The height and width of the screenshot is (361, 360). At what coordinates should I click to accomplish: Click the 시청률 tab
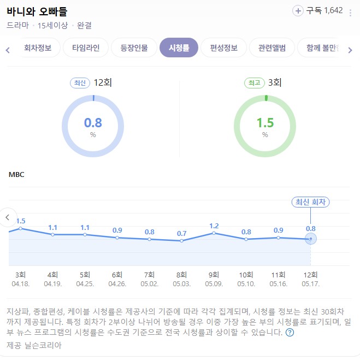[179, 48]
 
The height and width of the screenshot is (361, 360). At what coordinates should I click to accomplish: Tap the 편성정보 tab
[223, 48]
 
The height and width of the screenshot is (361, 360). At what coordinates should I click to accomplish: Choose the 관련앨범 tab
[272, 48]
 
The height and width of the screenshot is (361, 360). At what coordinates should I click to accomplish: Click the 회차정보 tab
[38, 48]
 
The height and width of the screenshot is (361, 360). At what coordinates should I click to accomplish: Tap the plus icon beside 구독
[298, 10]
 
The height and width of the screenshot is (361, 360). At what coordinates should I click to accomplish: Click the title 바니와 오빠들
[37, 11]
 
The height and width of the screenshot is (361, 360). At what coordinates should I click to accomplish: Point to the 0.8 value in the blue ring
[93, 122]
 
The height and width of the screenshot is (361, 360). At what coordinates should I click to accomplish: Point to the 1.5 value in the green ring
[265, 122]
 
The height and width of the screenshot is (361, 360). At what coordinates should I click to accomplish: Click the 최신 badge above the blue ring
[80, 83]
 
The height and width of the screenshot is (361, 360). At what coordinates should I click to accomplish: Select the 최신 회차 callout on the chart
[311, 202]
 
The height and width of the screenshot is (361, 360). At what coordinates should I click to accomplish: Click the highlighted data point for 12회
[311, 239]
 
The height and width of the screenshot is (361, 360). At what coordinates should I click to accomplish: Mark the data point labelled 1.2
[214, 233]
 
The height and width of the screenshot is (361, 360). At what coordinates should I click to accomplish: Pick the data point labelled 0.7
[181, 241]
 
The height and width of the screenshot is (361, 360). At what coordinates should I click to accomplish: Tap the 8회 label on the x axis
[181, 275]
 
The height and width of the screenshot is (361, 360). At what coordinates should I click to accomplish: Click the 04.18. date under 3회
[21, 283]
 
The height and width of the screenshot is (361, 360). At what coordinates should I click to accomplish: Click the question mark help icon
[290, 332]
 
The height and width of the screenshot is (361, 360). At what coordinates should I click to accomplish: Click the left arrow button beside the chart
[8, 217]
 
